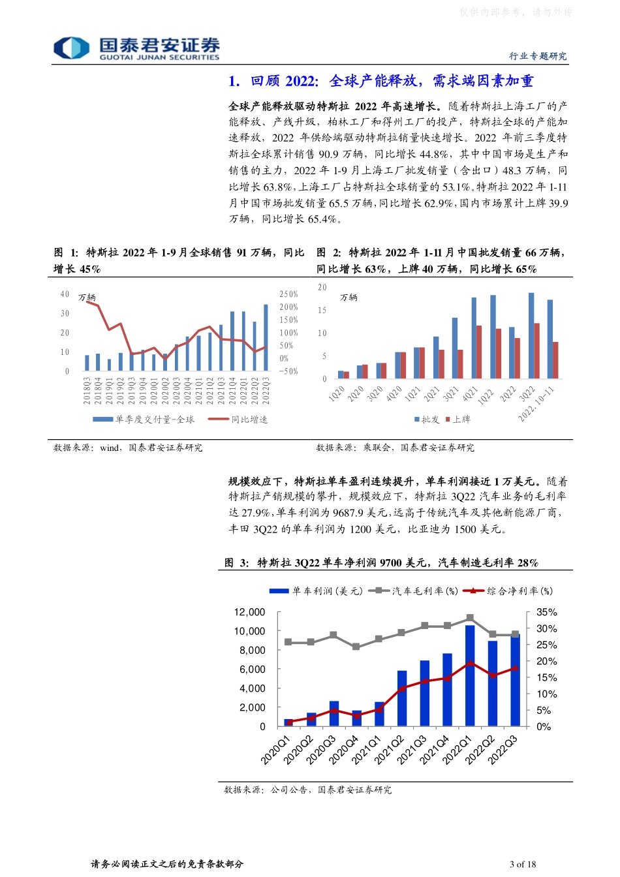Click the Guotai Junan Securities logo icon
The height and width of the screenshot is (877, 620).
71,48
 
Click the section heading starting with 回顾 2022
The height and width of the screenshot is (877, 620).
380,81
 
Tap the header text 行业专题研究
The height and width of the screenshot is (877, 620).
538,56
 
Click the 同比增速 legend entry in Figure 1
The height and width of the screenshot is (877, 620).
238,420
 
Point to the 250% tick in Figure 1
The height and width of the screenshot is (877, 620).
288,294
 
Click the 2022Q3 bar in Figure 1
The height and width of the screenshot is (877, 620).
266,337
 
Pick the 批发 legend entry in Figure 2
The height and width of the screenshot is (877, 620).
427,420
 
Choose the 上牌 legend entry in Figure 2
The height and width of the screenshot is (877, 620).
458,420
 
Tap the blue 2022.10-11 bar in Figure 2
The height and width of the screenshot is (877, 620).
550,339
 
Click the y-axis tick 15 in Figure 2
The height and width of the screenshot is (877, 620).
322,311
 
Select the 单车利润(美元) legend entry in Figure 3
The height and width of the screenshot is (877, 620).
317,591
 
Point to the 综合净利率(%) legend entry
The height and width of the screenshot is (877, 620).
508,591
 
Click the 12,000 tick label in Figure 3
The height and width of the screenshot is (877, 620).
250,612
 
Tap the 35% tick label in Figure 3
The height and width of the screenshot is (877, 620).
546,612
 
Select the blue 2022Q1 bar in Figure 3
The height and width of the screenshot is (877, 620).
470,675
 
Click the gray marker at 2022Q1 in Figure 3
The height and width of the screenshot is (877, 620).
470,617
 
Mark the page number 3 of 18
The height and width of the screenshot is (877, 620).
523,864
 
